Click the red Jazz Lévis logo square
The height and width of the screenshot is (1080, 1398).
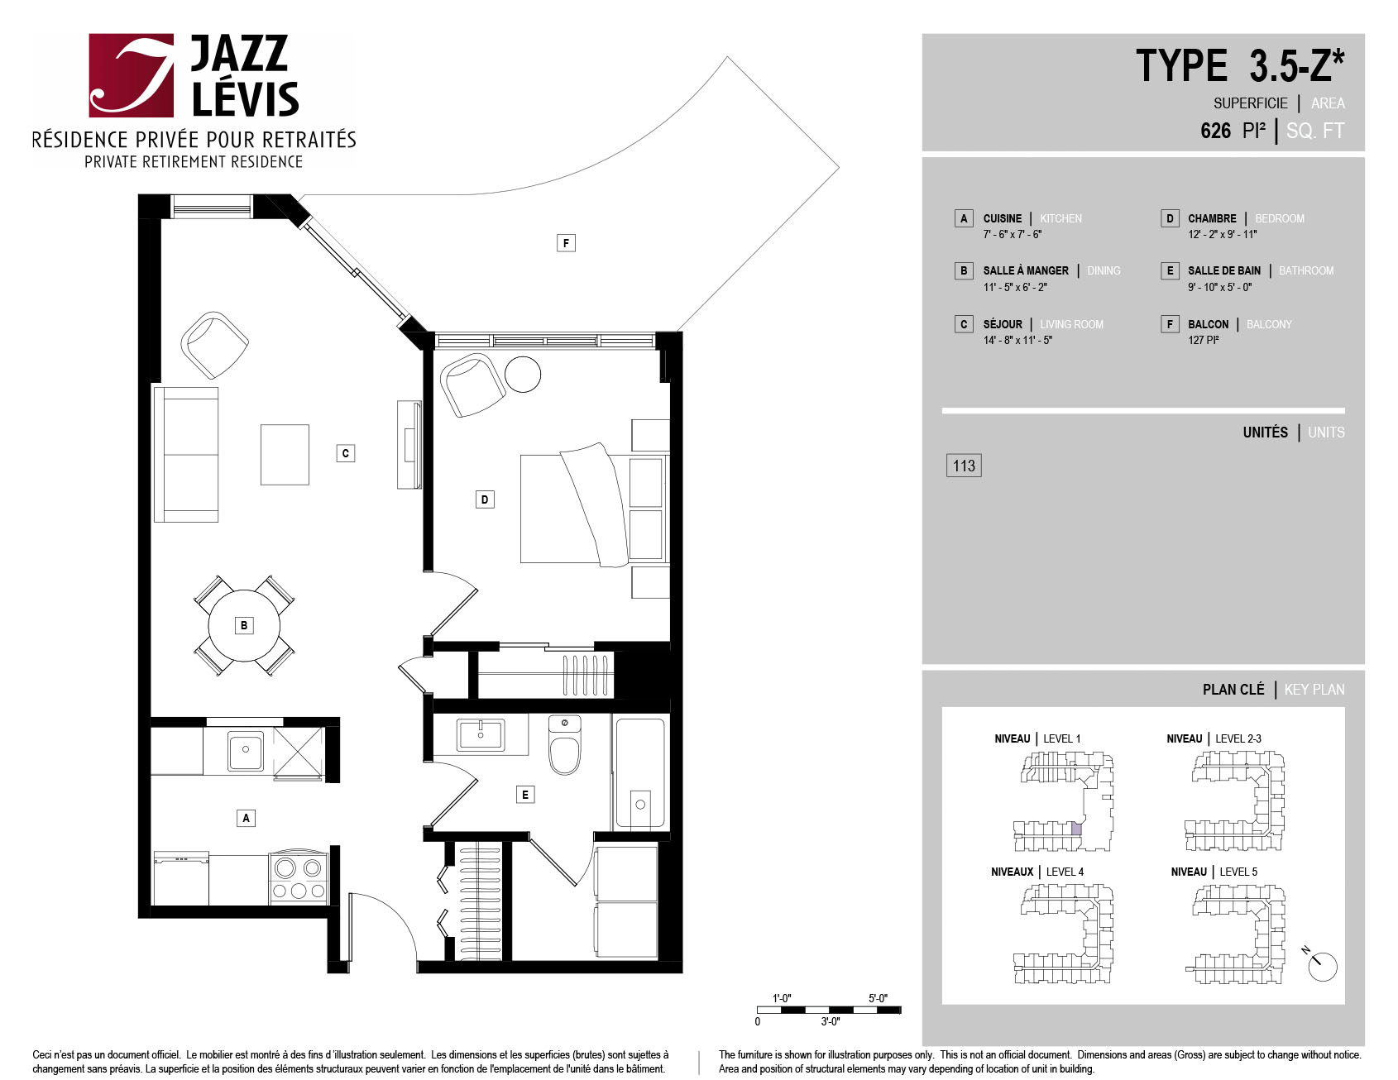coord(131,75)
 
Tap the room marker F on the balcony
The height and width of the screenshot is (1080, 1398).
coord(566,242)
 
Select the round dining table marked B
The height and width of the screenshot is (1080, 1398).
coord(244,625)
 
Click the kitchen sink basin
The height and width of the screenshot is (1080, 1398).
coord(246,751)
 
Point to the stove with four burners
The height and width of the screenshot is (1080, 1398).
coord(299,878)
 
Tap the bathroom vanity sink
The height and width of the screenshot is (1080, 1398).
coord(481,734)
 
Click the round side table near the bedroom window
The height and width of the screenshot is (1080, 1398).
coord(523,374)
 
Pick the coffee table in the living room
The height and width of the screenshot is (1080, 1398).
coord(285,455)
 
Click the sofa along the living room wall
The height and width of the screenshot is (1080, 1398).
coord(186,455)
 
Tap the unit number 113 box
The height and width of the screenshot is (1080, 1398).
coord(964,466)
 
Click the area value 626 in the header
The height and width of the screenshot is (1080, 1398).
coord(1215,131)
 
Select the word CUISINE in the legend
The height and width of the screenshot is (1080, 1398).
coord(1003,218)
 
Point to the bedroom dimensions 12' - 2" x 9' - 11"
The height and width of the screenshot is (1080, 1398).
coord(1222,234)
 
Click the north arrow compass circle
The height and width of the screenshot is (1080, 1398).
coord(1324,967)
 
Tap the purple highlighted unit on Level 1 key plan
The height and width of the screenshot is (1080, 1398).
coord(1076,829)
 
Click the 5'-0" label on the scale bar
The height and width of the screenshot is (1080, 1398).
coord(878,998)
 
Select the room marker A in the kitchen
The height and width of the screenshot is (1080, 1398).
coord(246,818)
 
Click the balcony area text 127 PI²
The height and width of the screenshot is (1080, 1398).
coord(1204,340)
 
